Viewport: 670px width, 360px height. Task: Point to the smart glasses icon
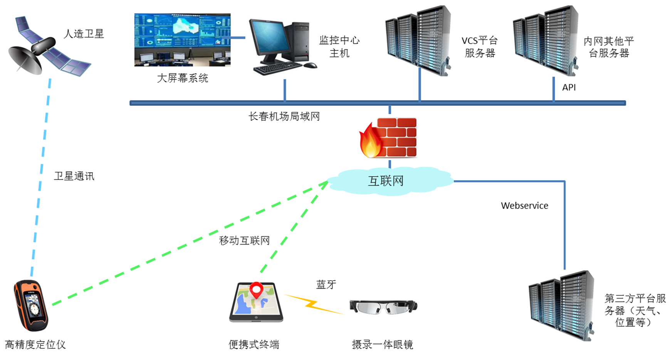383,307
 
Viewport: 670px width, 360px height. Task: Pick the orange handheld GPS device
31,305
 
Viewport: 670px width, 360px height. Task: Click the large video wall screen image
182,40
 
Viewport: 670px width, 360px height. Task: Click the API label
569,87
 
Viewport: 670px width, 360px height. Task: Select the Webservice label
524,206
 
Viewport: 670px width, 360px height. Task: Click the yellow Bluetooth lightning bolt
313,304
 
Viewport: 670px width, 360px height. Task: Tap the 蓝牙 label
326,285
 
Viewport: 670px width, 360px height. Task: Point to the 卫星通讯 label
74,176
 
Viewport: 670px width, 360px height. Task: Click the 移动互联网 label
244,241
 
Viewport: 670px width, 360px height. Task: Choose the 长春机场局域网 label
284,116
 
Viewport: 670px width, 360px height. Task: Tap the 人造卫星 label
84,34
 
